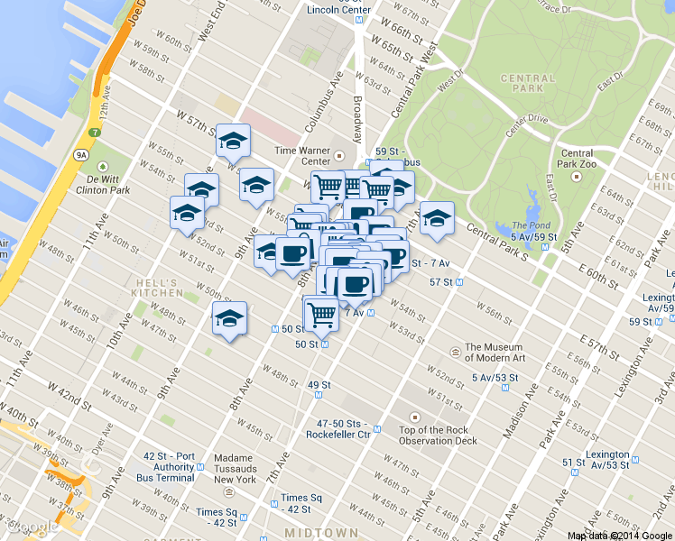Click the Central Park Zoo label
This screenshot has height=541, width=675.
(x=577, y=159)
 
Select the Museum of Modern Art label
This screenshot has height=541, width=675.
(x=494, y=353)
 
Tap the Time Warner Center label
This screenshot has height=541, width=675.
(x=304, y=157)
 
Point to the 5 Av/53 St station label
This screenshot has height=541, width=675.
(x=495, y=378)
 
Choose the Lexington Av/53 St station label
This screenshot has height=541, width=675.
(x=607, y=460)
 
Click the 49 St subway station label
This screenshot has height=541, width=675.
(x=319, y=385)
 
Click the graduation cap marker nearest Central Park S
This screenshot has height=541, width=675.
(x=437, y=218)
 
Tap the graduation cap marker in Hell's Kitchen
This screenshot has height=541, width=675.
(x=229, y=319)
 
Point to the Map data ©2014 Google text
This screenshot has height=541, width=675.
(x=618, y=535)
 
